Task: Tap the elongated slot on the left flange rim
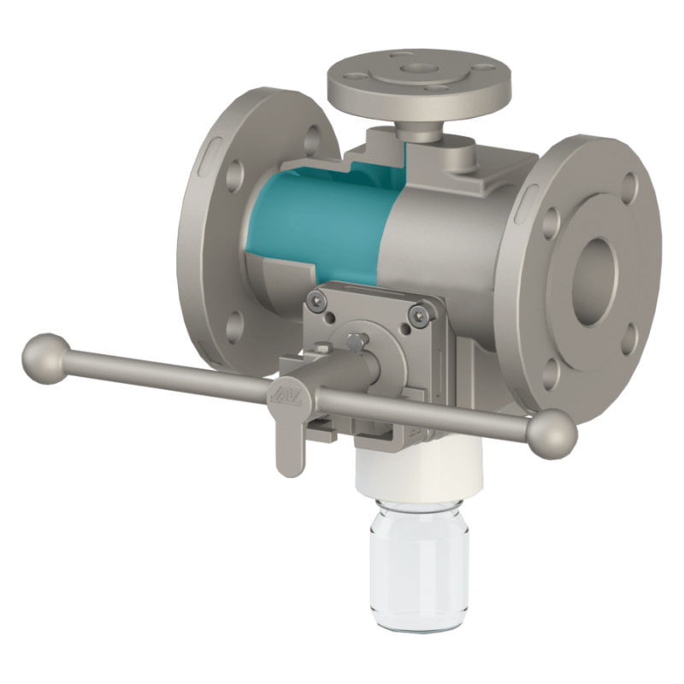click(x=211, y=154)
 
